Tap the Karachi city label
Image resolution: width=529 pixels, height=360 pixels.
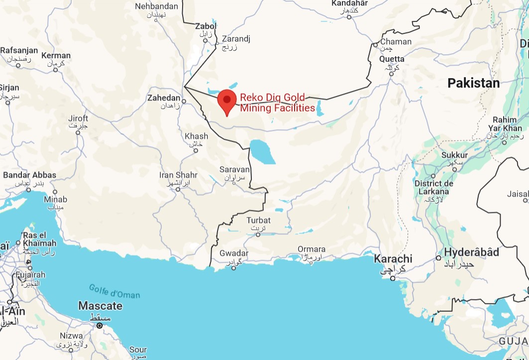393,259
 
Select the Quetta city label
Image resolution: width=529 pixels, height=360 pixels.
392,59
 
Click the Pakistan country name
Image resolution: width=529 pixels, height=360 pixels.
473,83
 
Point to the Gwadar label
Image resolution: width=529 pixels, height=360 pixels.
233,254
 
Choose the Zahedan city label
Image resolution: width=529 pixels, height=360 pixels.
164,98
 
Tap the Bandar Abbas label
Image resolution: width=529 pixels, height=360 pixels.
29,175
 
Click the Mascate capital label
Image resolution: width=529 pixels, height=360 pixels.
100,306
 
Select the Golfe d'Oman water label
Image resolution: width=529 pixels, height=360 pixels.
114,291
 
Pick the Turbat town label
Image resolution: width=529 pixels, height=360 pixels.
259,220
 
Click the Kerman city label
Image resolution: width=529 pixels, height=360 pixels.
56,56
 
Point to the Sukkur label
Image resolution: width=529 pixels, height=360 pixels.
454,155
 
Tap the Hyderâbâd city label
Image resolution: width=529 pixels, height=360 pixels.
471,253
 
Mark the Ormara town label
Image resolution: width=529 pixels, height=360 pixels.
312,249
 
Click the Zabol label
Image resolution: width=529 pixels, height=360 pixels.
206,26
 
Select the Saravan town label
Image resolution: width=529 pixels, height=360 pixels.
234,170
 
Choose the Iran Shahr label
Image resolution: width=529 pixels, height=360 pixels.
178,175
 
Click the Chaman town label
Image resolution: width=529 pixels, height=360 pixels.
396,42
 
